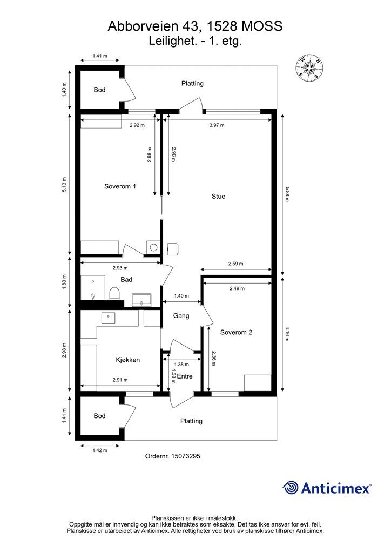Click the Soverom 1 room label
click(x=120, y=186)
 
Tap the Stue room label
click(x=218, y=197)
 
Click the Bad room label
click(x=127, y=280)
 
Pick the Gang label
click(x=181, y=316)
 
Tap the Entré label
click(x=185, y=376)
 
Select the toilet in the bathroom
click(x=114, y=294)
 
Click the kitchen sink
click(x=109, y=316)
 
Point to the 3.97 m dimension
click(x=216, y=125)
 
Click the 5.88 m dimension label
click(x=288, y=194)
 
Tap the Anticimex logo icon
click(x=291, y=488)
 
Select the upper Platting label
click(x=192, y=83)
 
